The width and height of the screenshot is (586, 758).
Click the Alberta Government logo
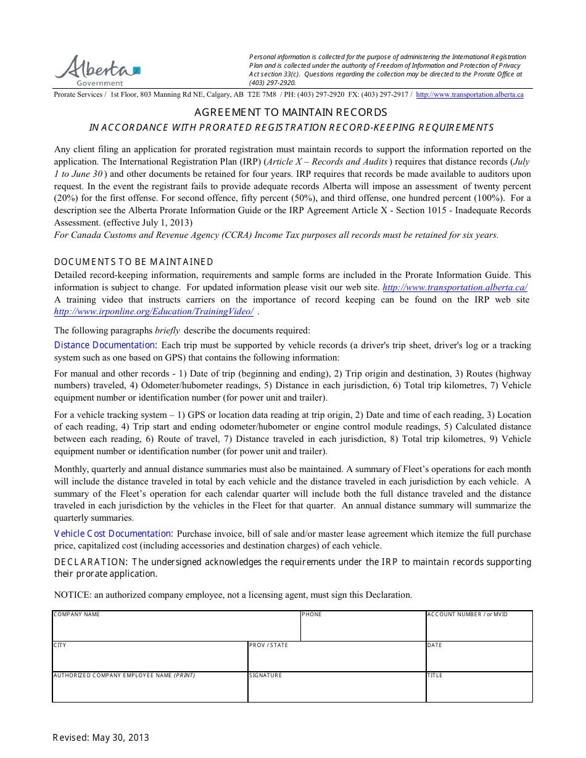[97, 70]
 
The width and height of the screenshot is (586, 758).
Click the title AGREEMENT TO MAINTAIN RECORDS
[291, 112]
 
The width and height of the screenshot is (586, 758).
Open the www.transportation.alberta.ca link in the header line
[469, 95]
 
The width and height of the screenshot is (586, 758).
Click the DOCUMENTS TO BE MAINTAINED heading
[134, 262]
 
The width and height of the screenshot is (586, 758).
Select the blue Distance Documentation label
[105, 345]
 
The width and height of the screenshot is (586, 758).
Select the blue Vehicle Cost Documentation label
[113, 534]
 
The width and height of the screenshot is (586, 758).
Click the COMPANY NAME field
[176, 629]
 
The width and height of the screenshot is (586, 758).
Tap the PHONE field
[363, 629]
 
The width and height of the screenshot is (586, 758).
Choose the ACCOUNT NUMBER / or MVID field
[479, 629]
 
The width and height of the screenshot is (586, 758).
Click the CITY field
[150, 659]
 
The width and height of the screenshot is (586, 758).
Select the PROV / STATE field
[336, 659]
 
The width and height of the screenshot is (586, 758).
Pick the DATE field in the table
[479, 659]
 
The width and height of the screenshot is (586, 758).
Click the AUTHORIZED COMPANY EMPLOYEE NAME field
[150, 689]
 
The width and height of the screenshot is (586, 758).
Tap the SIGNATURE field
[336, 689]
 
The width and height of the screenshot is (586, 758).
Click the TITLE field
[479, 689]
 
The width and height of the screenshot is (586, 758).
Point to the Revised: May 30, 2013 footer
[101, 738]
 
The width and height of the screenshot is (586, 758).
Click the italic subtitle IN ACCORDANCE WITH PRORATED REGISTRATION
[291, 128]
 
